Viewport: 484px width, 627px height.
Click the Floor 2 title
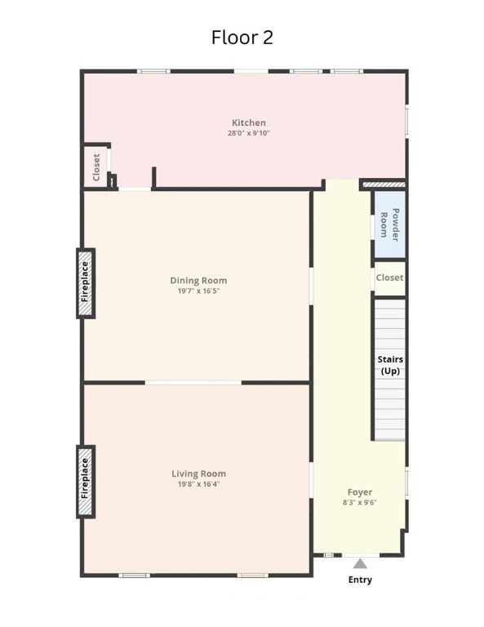(x=242, y=38)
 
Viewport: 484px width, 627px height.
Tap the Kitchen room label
(x=249, y=122)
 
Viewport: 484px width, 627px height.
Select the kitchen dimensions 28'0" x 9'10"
(x=249, y=133)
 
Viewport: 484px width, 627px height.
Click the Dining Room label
(x=198, y=281)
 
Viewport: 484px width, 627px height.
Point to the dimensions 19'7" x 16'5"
(x=198, y=291)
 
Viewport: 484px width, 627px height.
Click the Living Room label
(x=198, y=474)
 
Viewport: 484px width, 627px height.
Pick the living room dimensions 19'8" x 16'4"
(x=198, y=484)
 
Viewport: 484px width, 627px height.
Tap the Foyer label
(x=360, y=492)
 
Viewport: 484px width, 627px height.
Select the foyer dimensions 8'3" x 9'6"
(x=360, y=503)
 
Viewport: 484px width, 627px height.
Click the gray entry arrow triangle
(x=360, y=564)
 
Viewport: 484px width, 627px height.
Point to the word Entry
(x=360, y=580)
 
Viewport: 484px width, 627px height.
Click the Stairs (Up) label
(x=390, y=365)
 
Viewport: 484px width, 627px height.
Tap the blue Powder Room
(x=389, y=225)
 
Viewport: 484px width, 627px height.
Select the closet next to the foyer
(x=389, y=278)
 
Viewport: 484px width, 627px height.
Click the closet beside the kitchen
(x=95, y=167)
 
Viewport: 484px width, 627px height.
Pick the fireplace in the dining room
(x=86, y=283)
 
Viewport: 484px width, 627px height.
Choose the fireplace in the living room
(x=86, y=482)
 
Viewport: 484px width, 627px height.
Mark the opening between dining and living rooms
(x=193, y=383)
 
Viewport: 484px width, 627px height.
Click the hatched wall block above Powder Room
(x=384, y=185)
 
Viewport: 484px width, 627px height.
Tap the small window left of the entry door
(x=328, y=555)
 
